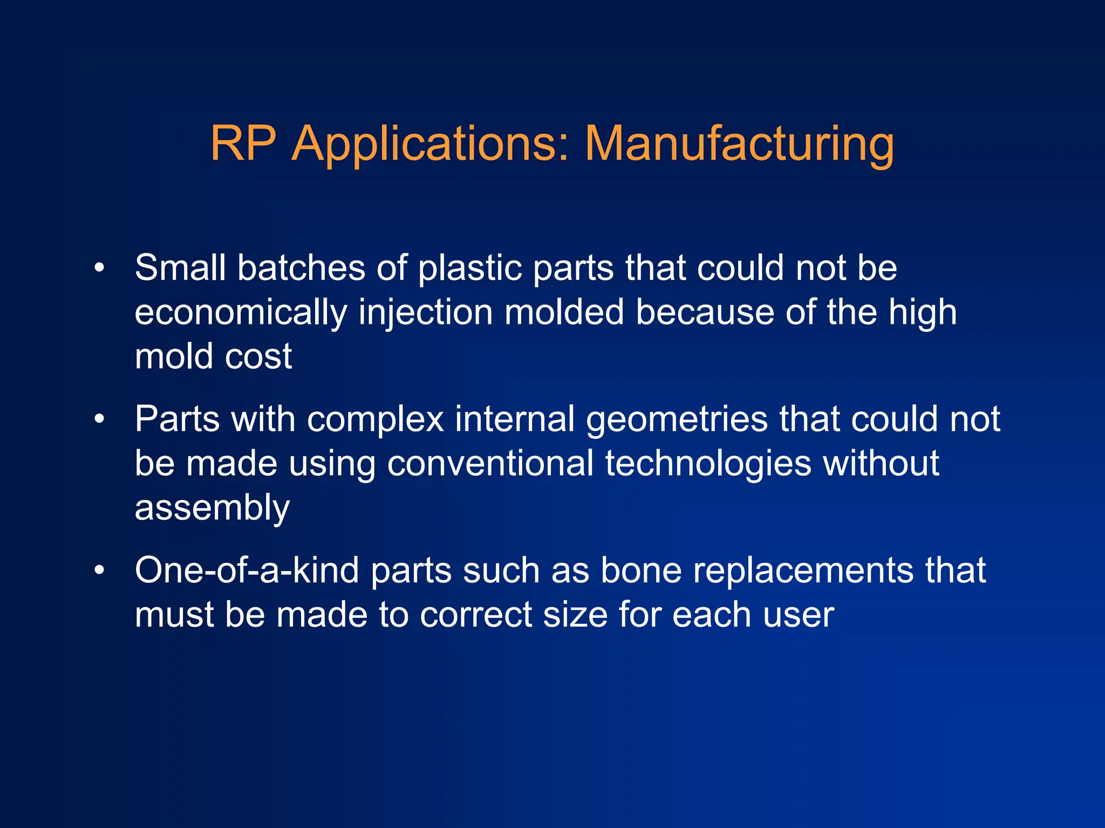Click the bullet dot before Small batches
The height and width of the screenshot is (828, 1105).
click(x=99, y=268)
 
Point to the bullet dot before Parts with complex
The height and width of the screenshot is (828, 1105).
click(x=99, y=419)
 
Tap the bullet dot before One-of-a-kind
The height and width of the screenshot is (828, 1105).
click(x=99, y=571)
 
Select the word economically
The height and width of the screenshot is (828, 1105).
click(x=241, y=313)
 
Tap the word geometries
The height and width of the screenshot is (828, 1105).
click(x=677, y=420)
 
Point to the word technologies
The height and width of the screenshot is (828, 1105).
click(x=708, y=464)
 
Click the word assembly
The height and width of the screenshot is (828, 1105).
click(x=212, y=508)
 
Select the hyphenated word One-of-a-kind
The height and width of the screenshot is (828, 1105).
click(x=247, y=571)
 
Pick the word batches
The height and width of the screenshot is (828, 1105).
click(x=301, y=268)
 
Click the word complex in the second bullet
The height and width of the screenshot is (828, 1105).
click(x=375, y=420)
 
